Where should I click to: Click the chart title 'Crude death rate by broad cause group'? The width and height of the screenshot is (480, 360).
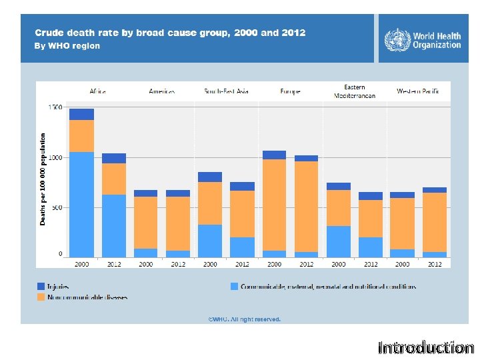click(169, 33)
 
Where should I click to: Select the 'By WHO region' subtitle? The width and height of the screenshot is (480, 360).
click(67, 46)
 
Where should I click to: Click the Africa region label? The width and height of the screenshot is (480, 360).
click(98, 91)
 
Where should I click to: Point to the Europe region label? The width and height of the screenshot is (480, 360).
click(290, 91)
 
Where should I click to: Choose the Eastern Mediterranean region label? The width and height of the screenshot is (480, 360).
click(354, 91)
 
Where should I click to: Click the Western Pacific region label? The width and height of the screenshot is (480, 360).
click(417, 91)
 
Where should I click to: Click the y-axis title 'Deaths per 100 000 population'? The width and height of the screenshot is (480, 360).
click(43, 179)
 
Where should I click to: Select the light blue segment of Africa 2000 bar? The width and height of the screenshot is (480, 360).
click(81, 204)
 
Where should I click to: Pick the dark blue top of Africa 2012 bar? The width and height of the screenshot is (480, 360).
click(113, 158)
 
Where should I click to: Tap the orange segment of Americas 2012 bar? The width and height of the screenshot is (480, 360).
click(178, 223)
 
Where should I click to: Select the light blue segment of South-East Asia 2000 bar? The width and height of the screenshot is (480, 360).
click(210, 241)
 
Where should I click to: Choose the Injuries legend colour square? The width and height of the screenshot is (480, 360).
click(41, 286)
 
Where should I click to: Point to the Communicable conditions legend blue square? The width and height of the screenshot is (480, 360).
click(234, 286)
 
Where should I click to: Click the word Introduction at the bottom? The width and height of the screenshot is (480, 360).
click(425, 347)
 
